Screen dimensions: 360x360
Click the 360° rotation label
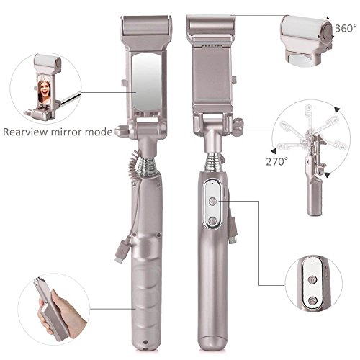click(x=346, y=28)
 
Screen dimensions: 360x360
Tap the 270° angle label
click(x=276, y=161)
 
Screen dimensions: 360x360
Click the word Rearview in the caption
click(x=25, y=132)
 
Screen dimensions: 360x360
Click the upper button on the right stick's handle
click(x=212, y=201)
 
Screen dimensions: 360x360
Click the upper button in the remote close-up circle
click(x=312, y=279)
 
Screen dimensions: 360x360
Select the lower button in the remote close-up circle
click(x=312, y=300)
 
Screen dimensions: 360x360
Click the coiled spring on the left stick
click(x=147, y=167)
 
